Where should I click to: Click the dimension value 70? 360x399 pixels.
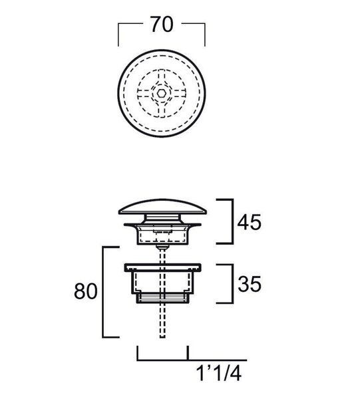[162, 25]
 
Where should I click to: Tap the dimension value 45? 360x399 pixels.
[250, 222]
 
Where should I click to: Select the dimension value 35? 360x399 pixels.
[250, 283]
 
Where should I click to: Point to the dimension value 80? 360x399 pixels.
[86, 291]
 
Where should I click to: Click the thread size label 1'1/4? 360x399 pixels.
[219, 374]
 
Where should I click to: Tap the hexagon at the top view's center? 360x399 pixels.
[160, 93]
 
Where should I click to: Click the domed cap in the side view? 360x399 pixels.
[162, 207]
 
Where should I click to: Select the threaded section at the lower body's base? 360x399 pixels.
[162, 298]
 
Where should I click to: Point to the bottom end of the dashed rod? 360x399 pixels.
[162, 337]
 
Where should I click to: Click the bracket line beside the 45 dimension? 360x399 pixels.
[232, 221]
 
